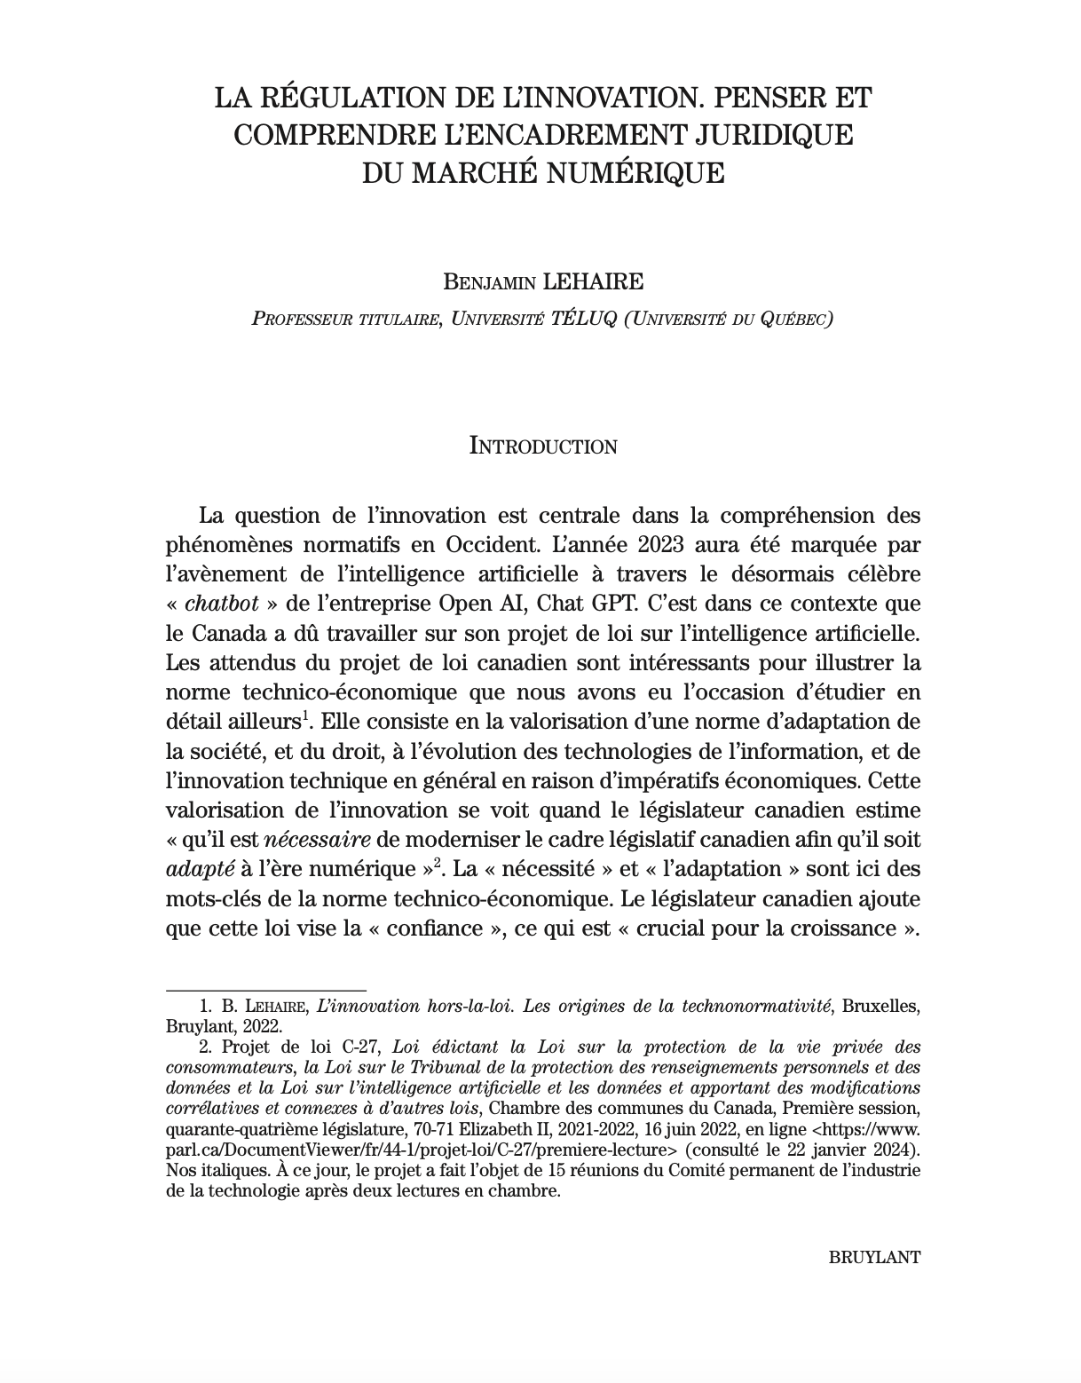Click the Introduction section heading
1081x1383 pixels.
click(542, 446)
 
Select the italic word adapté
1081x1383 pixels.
click(200, 869)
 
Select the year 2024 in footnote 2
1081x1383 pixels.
click(896, 1150)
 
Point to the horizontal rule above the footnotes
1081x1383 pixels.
click(266, 989)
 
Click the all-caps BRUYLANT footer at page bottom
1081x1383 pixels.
click(874, 1258)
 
